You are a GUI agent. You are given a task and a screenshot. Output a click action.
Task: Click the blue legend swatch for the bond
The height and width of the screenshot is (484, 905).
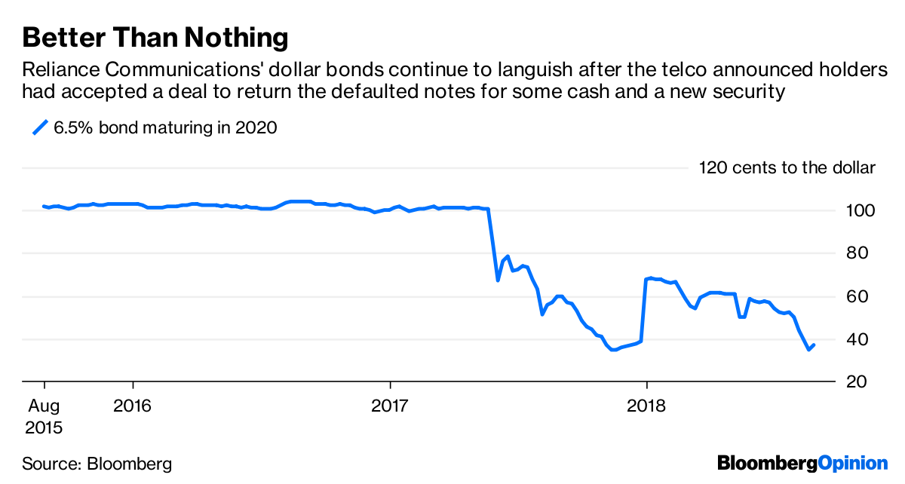click(x=39, y=127)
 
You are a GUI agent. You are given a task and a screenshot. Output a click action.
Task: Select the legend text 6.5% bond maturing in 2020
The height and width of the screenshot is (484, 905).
click(x=165, y=127)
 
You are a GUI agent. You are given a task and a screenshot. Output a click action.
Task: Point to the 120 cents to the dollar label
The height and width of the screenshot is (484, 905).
click(x=787, y=167)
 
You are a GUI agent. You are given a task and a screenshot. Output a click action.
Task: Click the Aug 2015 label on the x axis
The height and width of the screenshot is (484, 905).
click(x=43, y=416)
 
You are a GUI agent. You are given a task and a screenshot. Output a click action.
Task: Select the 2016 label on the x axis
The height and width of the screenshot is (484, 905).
click(x=133, y=406)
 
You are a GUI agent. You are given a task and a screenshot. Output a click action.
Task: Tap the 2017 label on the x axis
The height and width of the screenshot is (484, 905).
click(x=390, y=406)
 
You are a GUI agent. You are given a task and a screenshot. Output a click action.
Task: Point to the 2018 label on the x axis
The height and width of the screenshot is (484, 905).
click(x=646, y=406)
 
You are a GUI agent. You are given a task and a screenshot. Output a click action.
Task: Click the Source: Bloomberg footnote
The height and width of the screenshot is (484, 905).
click(x=97, y=463)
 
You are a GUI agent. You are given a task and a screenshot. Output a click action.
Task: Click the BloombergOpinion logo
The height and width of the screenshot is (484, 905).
click(x=802, y=462)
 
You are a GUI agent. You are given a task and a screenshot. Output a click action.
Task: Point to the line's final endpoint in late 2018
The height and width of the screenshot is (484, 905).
click(x=814, y=345)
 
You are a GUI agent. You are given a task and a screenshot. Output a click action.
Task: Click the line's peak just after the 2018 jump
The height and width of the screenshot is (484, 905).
click(x=650, y=278)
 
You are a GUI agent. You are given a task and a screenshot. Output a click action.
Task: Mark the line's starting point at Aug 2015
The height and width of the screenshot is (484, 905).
click(x=44, y=206)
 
